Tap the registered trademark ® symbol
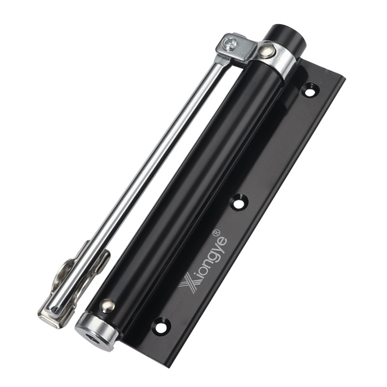(x=216, y=232)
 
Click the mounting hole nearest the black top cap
(x=309, y=90)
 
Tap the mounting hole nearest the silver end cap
(x=161, y=326)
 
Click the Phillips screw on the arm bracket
(x=229, y=44)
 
